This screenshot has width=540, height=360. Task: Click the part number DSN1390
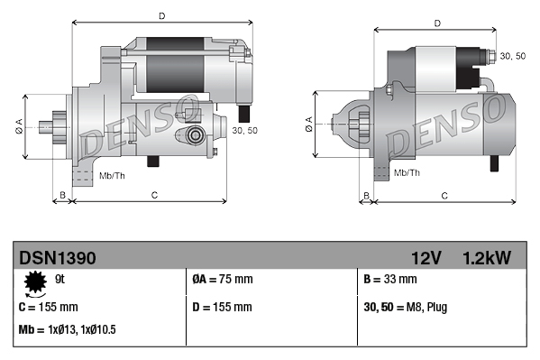(58, 258)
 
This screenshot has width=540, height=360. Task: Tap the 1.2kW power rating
(486, 258)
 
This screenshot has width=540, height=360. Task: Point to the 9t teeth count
(60, 281)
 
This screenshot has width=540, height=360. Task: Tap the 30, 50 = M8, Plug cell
(403, 307)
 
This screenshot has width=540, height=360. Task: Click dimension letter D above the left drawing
(161, 15)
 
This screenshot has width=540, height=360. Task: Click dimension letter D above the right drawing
(436, 23)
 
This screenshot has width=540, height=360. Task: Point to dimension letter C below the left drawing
(154, 195)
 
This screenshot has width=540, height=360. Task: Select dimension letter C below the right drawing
(445, 195)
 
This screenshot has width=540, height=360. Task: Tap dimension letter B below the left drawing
(61, 195)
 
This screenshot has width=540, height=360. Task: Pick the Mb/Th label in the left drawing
(113, 173)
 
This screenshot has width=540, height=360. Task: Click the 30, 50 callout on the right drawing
(513, 56)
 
